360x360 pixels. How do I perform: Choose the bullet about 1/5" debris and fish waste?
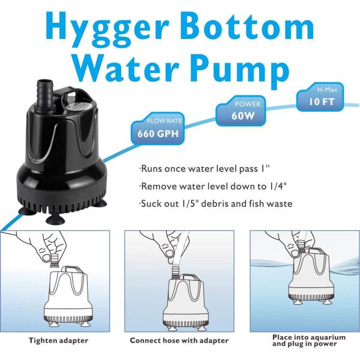click(x=216, y=203)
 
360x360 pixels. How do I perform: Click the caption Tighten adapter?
click(x=58, y=340)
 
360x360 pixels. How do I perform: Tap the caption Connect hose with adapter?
click(x=179, y=340)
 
